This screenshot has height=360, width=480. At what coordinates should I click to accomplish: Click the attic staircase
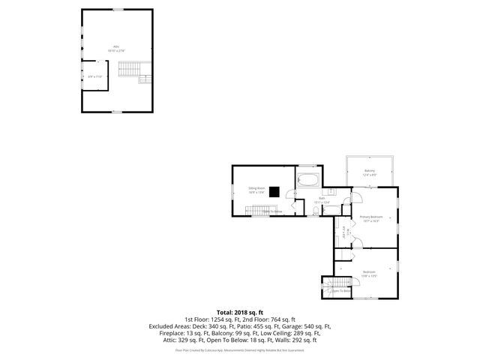click(130, 70)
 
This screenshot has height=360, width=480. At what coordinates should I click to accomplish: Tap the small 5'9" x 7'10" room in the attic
click(94, 76)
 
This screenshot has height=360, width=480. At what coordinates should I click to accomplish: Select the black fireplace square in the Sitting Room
click(275, 191)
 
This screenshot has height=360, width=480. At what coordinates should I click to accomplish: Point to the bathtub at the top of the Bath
click(308, 181)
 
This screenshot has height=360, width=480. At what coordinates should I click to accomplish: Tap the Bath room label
click(322, 199)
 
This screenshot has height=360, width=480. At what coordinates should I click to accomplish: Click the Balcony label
click(370, 172)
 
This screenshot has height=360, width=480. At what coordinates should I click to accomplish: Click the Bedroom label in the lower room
click(368, 272)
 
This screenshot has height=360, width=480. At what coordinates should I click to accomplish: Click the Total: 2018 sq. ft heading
click(239, 312)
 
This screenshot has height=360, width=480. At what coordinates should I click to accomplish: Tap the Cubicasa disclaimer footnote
click(239, 349)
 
